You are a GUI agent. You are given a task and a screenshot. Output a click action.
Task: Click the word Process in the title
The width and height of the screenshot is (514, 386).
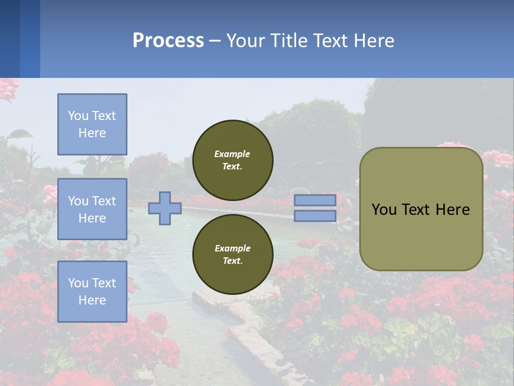pos(168,41)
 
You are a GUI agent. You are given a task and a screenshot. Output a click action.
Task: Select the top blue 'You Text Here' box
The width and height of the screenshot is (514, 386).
pos(92,124)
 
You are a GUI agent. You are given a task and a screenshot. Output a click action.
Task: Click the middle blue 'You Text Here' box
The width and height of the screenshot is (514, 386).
pos(92,209)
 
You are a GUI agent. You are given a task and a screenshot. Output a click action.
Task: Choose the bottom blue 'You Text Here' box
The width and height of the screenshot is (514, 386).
pos(92,292)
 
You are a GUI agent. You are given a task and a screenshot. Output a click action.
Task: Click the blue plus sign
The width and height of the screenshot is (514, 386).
pos(165,208)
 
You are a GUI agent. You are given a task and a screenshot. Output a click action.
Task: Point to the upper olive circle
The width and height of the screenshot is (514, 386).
pos(232,160)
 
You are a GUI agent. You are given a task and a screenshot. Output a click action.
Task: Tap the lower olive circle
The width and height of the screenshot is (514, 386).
pos(232,255)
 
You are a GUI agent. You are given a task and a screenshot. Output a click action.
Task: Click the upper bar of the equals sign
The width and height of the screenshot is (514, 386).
pos(315,200)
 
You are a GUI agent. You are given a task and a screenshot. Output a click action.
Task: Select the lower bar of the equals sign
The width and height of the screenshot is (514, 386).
pos(315,216)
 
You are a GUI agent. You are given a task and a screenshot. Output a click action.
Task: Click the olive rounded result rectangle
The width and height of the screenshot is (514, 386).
pos(421,236)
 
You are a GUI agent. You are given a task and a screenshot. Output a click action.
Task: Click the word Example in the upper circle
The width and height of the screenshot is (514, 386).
pos(232,154)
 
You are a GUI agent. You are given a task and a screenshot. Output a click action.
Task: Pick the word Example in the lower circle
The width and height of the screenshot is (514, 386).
pos(232,248)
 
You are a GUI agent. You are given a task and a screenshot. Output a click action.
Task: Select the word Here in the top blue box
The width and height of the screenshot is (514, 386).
pos(92,133)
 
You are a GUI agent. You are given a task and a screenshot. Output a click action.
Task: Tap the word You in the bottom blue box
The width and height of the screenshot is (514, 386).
pos(78,283)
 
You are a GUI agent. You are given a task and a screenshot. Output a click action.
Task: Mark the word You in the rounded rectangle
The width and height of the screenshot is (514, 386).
pos(383,210)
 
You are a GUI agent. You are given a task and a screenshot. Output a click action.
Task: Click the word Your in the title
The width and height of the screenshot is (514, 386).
pos(245,41)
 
